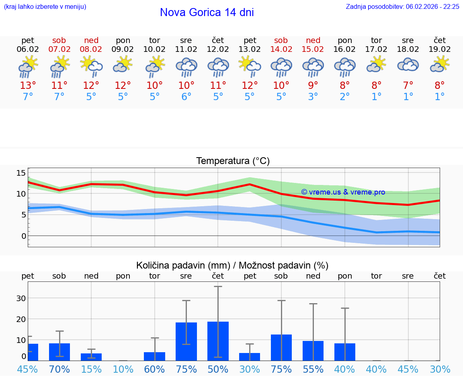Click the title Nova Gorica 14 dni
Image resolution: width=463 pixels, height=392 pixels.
click(207, 12)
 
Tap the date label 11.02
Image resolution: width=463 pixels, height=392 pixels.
click(186, 49)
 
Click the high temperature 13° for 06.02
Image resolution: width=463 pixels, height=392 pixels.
click(28, 86)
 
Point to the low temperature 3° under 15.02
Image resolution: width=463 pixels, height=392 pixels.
click(313, 97)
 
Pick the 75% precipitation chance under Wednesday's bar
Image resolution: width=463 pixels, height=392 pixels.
click(186, 369)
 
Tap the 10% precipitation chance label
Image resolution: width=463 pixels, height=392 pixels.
click(123, 369)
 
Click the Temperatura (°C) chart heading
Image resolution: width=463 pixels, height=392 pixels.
click(233, 161)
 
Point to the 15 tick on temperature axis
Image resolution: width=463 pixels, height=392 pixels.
click(21, 173)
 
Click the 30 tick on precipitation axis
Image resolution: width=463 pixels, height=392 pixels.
click(21, 298)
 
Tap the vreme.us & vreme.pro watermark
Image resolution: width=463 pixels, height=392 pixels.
click(343, 192)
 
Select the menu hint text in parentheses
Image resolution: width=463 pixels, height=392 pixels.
click(45, 6)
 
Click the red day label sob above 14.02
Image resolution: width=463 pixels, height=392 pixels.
click(281, 41)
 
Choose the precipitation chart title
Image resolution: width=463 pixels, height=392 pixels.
click(232, 265)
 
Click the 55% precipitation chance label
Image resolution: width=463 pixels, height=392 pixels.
click(313, 369)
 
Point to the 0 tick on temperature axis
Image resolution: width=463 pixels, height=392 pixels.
click(23, 236)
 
